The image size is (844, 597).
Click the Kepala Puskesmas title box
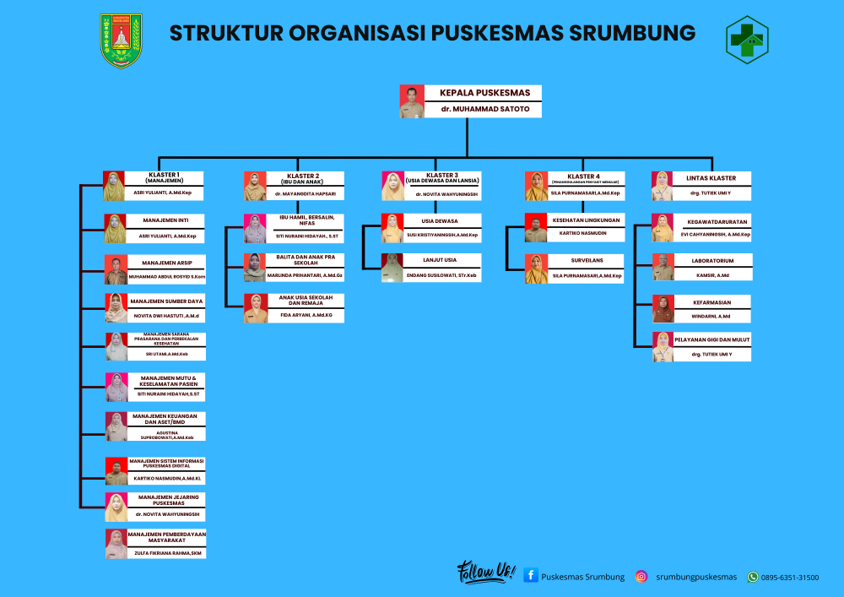pos(479,92)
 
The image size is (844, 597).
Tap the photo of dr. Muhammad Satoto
pos(411,101)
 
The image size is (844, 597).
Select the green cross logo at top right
pos(747,39)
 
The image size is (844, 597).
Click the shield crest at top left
pos(122,40)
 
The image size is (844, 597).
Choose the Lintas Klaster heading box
pos(711,178)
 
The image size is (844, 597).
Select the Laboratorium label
pos(712,261)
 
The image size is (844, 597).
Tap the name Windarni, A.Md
pos(712,316)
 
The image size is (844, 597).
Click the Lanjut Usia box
pos(440,259)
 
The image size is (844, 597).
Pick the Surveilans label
pos(587,260)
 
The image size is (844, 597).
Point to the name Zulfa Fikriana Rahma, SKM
pos(167,553)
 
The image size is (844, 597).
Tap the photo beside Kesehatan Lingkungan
pos(536,227)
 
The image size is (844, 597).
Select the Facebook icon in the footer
pos(531,576)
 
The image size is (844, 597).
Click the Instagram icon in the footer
pos(641,577)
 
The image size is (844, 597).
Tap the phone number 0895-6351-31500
pos(789,578)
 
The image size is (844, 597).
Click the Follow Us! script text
pos(485,573)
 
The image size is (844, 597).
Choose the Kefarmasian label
pos(711,301)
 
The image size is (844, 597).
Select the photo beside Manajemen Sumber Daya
pos(116,307)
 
